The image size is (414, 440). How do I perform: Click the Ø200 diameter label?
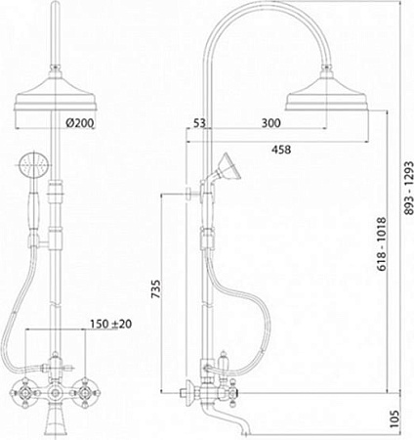[x=79, y=123]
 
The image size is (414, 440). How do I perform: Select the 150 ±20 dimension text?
[x=111, y=324]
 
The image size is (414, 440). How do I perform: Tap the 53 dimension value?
[x=199, y=123]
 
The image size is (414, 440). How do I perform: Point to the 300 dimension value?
[x=270, y=123]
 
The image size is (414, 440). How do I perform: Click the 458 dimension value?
[x=281, y=150]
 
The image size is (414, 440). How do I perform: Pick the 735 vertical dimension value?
[x=156, y=288]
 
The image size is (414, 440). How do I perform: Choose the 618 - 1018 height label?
[x=381, y=244]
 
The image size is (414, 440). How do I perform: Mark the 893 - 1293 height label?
[x=408, y=188]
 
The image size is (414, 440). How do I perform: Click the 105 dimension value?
[x=394, y=419]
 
